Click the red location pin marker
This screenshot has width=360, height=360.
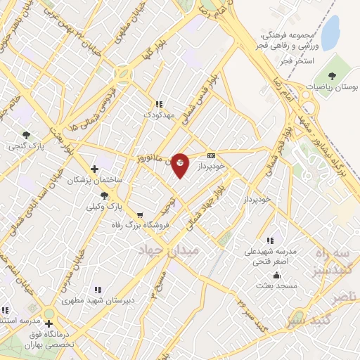(x=180, y=165)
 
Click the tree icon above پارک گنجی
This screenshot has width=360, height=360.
(x=26, y=134)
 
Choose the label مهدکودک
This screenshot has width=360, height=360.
(x=157, y=113)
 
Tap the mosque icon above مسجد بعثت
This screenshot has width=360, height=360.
(x=277, y=275)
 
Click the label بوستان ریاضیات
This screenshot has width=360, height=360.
(x=332, y=88)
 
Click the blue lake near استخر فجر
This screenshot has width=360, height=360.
(x=330, y=33)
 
